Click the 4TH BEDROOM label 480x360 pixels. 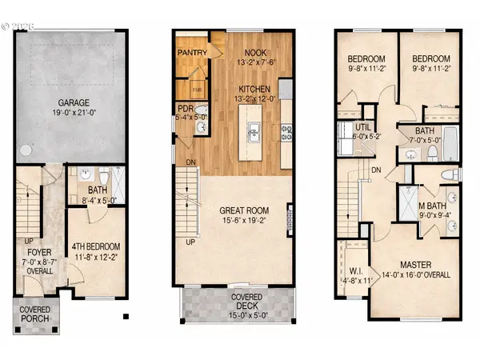click(x=96, y=225)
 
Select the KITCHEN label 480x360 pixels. click(x=254, y=88)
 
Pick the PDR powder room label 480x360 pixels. click(x=184, y=112)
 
